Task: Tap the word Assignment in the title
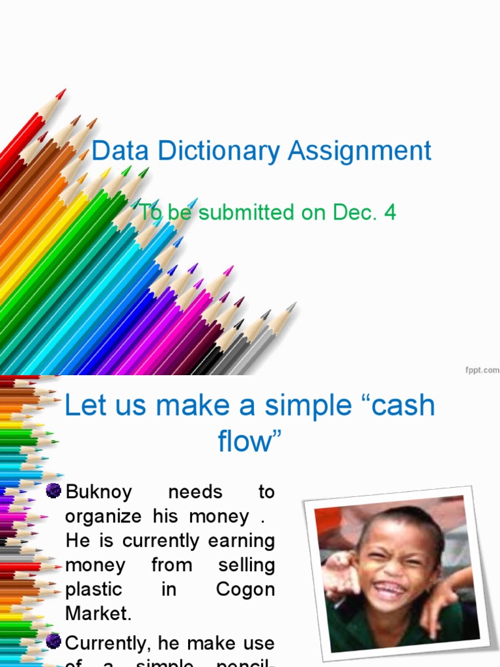click(x=360, y=151)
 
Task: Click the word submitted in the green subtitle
click(x=247, y=212)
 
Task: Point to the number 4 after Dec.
click(x=389, y=212)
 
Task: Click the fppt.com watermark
click(x=482, y=369)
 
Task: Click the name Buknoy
click(x=98, y=492)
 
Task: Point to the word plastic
click(x=94, y=589)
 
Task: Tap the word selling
click(x=246, y=565)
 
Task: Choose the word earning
click(x=242, y=541)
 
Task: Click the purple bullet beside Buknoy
click(x=55, y=491)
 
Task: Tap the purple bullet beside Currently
click(x=55, y=642)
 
